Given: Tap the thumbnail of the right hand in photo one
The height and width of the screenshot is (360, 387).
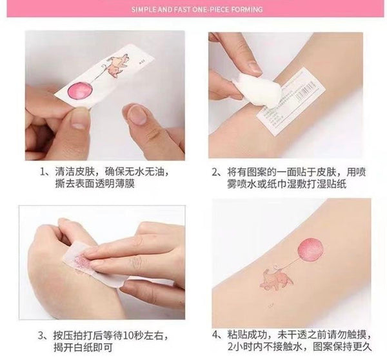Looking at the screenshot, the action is coord(137,114).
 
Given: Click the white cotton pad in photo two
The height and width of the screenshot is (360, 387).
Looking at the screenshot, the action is coord(259,90).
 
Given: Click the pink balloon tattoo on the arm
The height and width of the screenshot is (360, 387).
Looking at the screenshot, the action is coord(311,250).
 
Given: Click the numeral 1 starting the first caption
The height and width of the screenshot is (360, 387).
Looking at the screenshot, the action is coord(43,172).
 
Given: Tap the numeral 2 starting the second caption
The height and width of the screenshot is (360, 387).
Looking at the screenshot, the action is coord(215,172).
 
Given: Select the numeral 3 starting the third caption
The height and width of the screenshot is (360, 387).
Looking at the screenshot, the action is coord(41,335).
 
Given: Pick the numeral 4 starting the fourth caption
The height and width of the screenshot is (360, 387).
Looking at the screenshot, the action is coord(215,335).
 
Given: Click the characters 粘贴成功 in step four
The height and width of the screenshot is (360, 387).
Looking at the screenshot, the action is coord(247,335).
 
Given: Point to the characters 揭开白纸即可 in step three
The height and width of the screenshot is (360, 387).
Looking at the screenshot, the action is coord(83,347).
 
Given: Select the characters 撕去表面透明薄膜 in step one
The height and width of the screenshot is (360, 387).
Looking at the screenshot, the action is coord(95,184).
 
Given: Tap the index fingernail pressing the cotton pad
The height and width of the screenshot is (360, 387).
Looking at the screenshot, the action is coord(254,67).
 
